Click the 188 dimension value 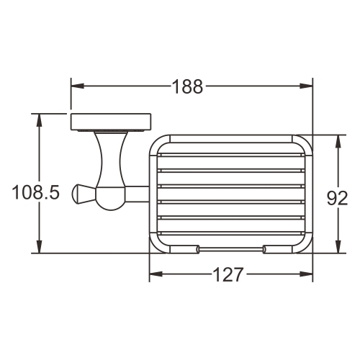[x=188, y=86]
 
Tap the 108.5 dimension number [x=35, y=192]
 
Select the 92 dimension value [x=337, y=198]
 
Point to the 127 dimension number [x=228, y=274]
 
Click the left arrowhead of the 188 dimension [x=77, y=86]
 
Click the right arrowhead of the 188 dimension [x=306, y=86]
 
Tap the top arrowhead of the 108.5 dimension [x=39, y=120]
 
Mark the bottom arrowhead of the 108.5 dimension [x=39, y=246]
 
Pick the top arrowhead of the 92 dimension [x=338, y=142]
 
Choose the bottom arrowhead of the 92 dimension [x=338, y=246]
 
